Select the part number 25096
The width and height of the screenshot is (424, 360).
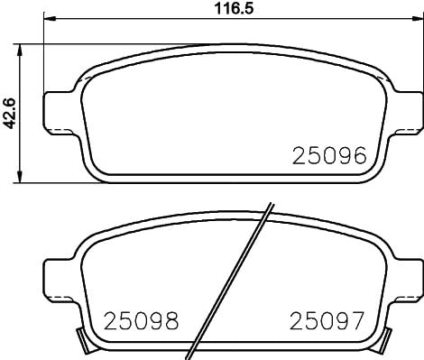click(328, 155)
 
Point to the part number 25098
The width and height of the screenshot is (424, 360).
click(141, 319)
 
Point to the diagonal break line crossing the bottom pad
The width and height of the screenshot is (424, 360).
click(233, 280)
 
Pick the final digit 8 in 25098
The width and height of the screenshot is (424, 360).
click(170, 319)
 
